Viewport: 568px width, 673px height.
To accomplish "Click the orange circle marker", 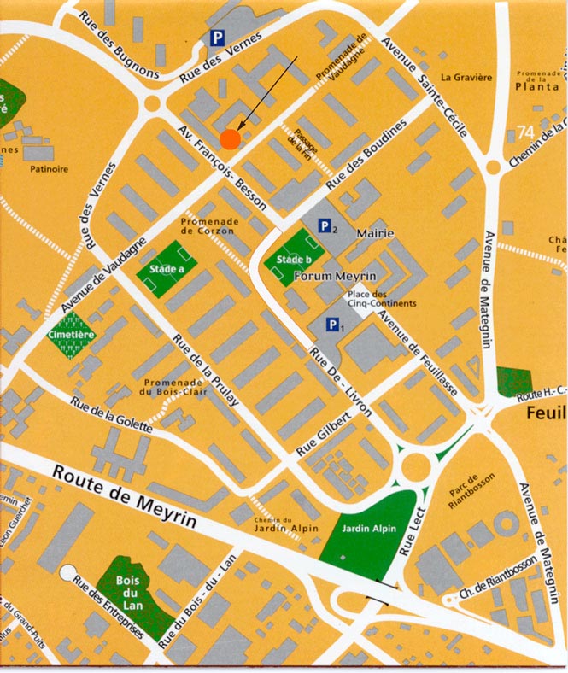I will (229, 138).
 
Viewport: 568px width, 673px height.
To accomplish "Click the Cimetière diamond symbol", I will (71, 334).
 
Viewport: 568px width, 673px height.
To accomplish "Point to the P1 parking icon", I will (334, 325).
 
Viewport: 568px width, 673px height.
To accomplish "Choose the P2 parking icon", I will (326, 226).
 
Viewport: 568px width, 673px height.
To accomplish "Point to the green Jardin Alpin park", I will (370, 536).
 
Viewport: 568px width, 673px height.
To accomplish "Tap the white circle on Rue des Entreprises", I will (67, 571).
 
